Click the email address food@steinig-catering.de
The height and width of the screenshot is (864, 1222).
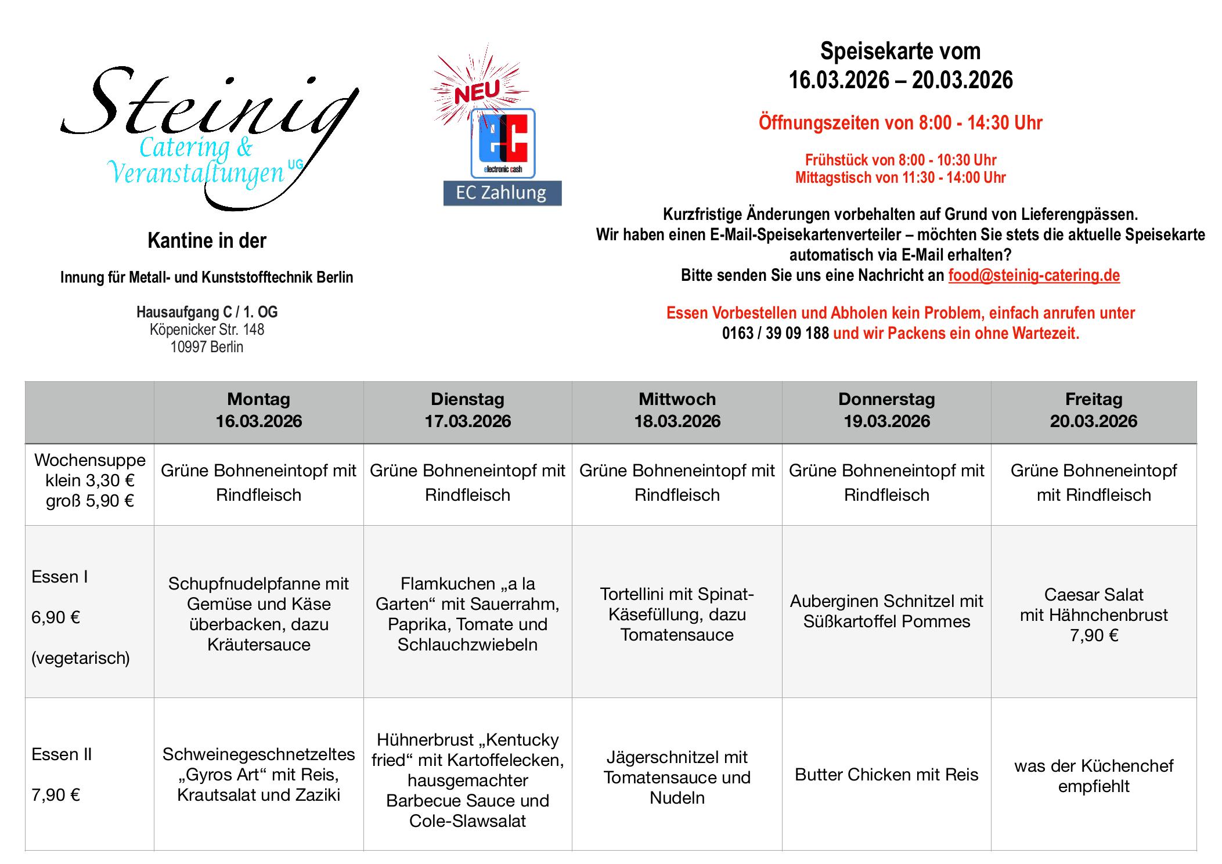1033,275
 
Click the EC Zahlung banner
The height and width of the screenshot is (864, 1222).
502,193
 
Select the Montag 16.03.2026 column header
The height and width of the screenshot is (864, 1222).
259,410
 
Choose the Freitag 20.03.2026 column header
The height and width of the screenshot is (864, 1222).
1093,410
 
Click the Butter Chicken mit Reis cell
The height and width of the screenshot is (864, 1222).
886,774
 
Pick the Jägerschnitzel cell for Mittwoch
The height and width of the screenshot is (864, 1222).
677,777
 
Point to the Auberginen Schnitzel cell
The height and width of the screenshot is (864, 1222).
886,611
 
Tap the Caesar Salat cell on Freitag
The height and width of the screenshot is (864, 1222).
1093,614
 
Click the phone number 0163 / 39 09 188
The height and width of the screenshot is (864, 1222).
775,334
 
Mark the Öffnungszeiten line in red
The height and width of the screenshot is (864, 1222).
900,123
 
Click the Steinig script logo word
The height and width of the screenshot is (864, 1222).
209,104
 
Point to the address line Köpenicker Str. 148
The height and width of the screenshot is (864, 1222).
207,330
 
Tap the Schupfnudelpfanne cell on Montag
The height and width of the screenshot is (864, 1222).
259,614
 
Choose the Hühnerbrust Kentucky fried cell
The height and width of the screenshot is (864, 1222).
467,780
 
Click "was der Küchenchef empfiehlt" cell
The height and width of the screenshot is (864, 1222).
1093,776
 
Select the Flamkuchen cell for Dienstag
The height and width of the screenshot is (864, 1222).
467,614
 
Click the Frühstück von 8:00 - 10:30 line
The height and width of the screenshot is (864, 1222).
900,160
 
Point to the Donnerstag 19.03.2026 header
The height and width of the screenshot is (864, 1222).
886,410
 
